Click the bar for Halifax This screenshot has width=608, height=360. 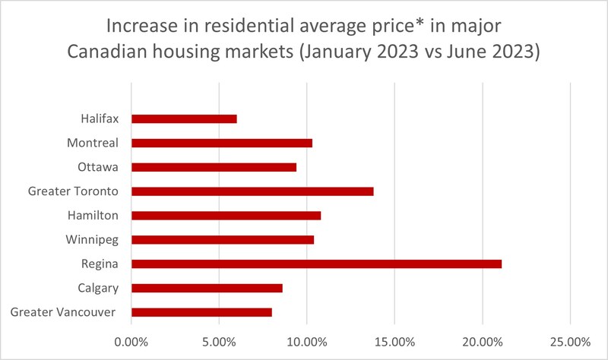pos(184,118)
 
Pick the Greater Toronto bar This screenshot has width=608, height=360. pos(252,191)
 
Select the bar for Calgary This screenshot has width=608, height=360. pos(207,288)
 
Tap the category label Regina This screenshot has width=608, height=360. pos(99,264)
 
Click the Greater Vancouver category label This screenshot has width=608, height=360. pos(63,312)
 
